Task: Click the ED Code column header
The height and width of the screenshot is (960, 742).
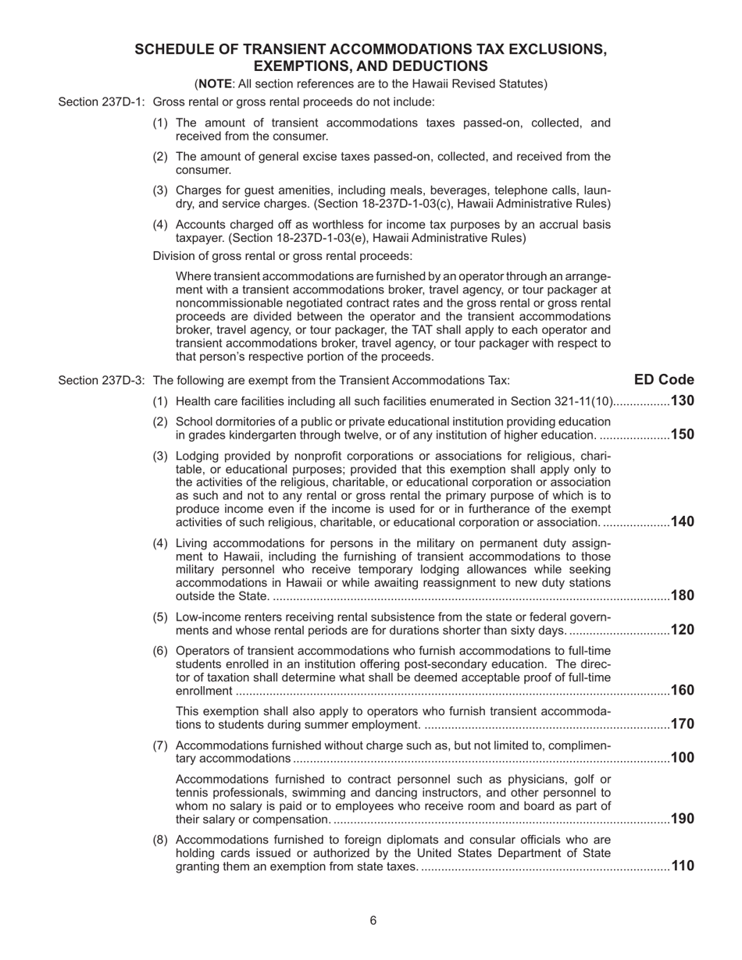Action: click(664, 380)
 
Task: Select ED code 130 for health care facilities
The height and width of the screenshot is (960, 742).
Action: click(683, 401)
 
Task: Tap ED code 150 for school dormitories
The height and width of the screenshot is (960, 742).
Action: click(683, 435)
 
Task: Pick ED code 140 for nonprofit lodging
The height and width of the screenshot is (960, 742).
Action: click(683, 521)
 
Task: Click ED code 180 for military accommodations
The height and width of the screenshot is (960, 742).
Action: click(683, 596)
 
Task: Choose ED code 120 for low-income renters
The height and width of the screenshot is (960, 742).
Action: click(683, 630)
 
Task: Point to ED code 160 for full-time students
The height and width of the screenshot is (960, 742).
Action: click(683, 690)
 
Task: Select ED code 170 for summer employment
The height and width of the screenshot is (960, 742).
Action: click(683, 724)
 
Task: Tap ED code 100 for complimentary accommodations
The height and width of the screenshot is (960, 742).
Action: click(683, 758)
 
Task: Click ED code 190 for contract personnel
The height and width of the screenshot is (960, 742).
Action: click(683, 819)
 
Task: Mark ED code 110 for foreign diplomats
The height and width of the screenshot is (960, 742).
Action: click(683, 866)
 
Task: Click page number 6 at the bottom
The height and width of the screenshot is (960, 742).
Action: click(373, 921)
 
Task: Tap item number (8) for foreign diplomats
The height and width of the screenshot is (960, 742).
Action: click(160, 840)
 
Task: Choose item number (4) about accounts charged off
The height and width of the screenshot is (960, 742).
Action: click(160, 225)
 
